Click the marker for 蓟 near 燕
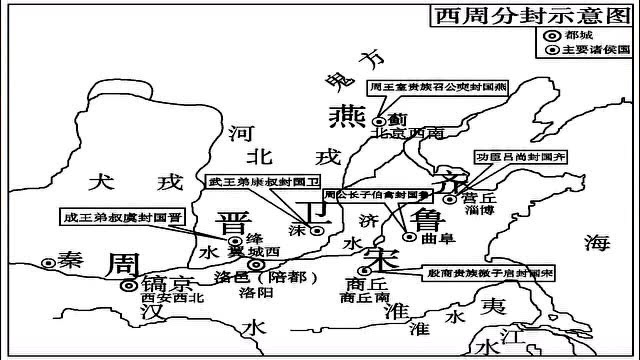coord(379,121)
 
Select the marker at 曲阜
coord(409,237)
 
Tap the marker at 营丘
coord(450,199)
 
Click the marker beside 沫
coord(317,230)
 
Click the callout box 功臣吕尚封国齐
coord(521,156)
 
